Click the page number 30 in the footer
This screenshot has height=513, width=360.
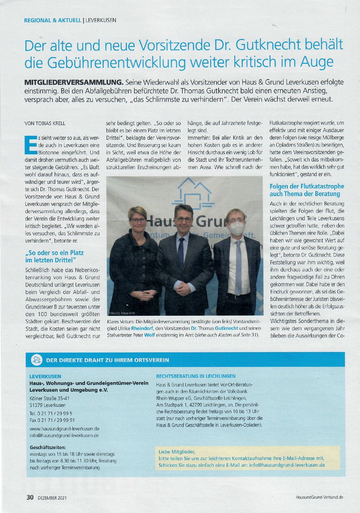(x=30, y=497)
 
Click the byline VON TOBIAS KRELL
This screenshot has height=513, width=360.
(x=45, y=124)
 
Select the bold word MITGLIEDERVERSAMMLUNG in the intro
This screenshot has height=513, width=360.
(x=74, y=82)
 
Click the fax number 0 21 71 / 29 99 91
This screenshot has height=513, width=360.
(x=52, y=420)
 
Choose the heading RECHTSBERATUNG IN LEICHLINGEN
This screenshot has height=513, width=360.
(x=196, y=376)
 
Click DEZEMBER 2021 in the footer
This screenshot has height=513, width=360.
(x=52, y=497)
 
